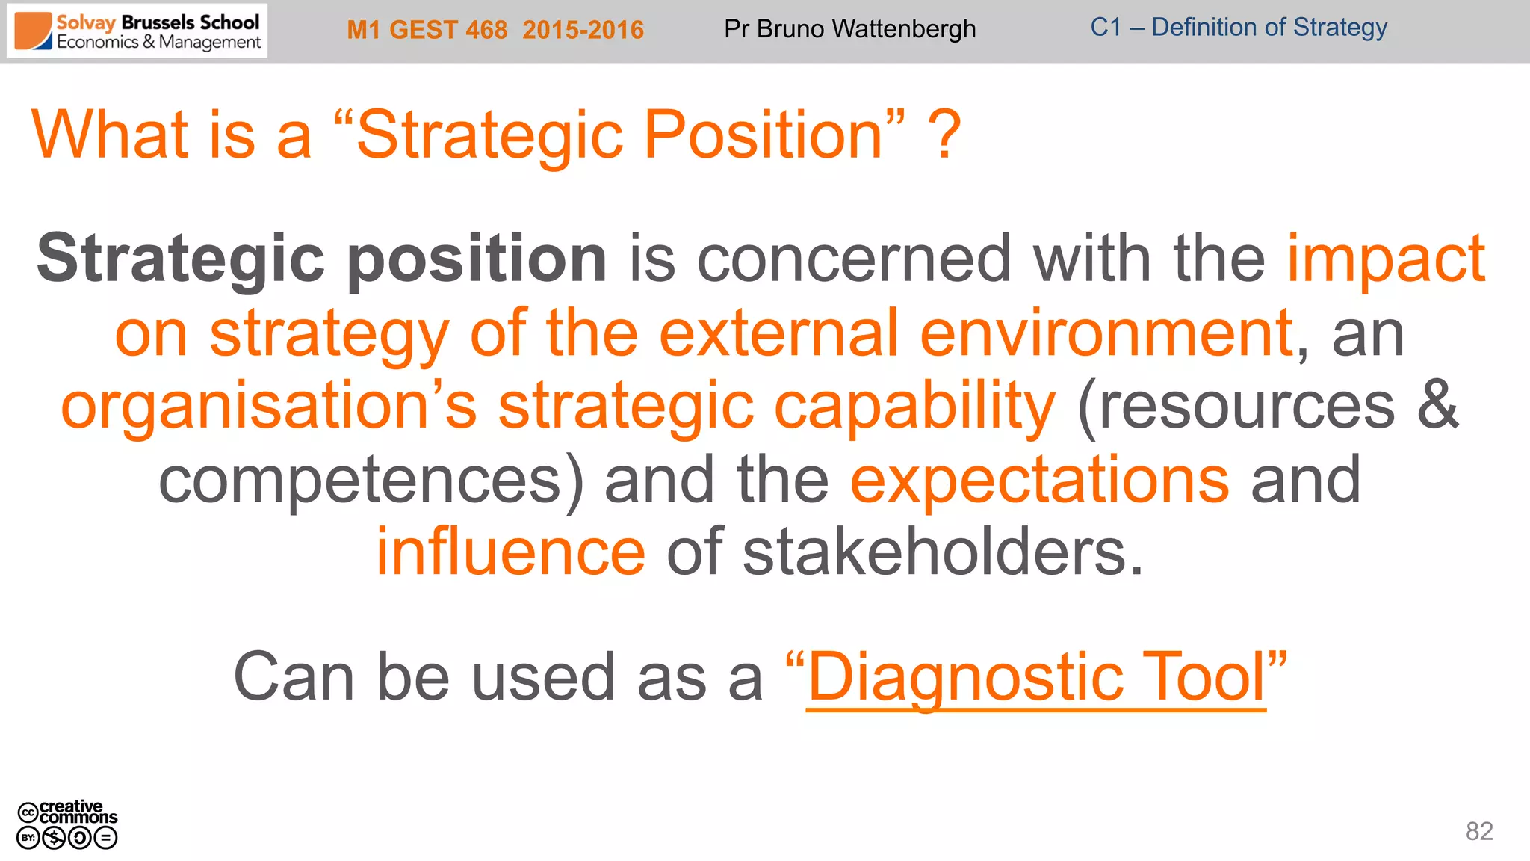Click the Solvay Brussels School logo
coord(137,31)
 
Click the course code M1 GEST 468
coord(427,30)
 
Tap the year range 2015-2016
coord(583,30)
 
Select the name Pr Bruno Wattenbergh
coord(849,29)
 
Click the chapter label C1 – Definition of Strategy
coord(1238,28)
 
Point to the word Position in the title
coord(764,135)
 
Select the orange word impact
coord(1385,259)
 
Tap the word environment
coord(1106,333)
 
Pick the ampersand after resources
coord(1438,404)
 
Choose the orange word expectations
coord(1039,481)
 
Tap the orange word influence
coord(510,552)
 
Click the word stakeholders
coord(943,552)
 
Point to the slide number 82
coord(1478,831)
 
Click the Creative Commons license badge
coord(67,824)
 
